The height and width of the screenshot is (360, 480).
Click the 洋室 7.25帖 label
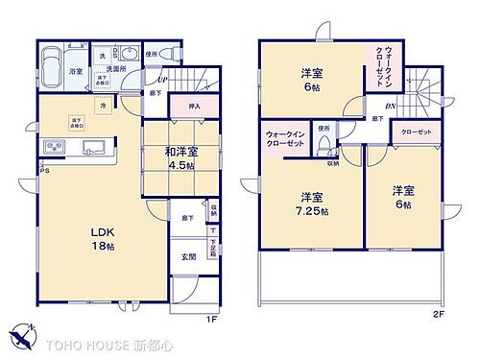click(311, 205)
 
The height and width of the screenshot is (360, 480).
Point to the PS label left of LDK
click(43, 172)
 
